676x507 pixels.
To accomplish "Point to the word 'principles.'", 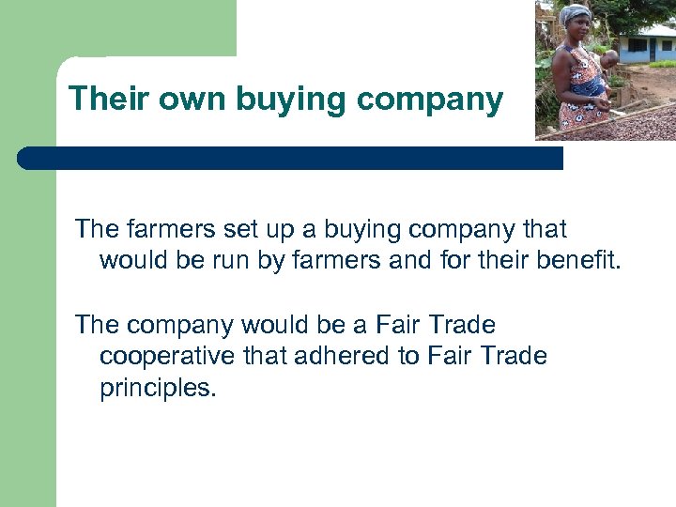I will (x=158, y=387).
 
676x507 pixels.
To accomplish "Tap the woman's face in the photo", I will (x=576, y=27).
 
